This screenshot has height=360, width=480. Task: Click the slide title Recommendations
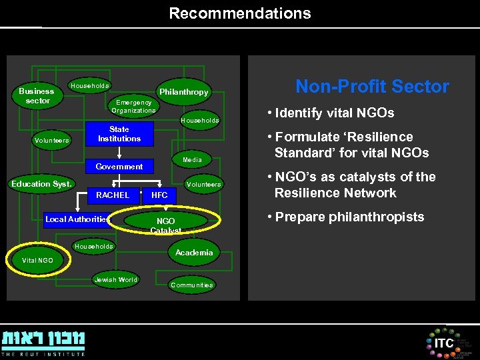(x=239, y=13)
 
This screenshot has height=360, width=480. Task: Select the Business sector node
(x=37, y=96)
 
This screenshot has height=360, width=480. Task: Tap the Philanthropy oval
(x=183, y=92)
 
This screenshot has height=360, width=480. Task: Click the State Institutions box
(x=119, y=134)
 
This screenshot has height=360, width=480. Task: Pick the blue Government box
(x=119, y=166)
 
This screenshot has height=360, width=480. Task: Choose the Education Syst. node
(x=41, y=184)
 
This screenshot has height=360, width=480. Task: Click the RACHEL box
(x=113, y=195)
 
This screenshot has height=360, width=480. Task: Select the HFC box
(x=160, y=195)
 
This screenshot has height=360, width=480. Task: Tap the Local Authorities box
(x=76, y=219)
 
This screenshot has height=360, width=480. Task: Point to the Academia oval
(x=193, y=252)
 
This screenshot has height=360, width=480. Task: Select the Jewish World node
(x=115, y=280)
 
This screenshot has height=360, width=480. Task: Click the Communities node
(x=191, y=285)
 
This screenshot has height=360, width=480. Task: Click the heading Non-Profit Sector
(x=372, y=87)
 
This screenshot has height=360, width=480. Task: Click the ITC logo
(x=444, y=343)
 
